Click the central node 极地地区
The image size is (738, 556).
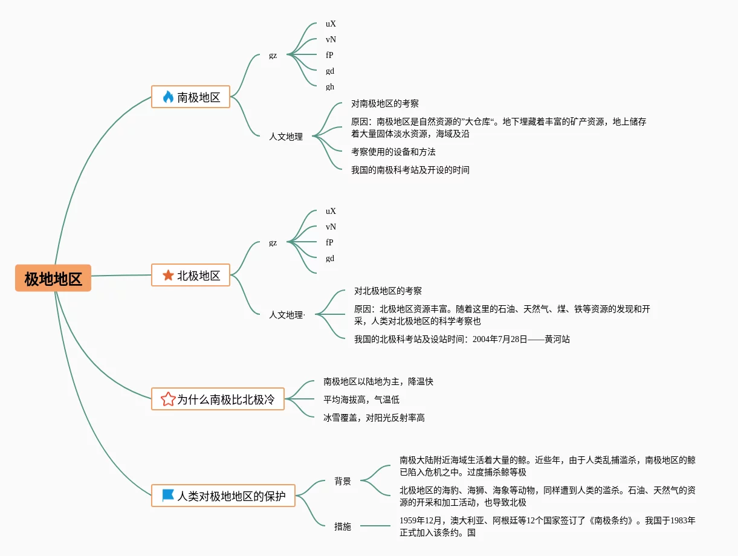(x=53, y=278)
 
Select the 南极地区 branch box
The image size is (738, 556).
(x=190, y=97)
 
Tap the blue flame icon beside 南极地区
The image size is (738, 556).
(x=168, y=97)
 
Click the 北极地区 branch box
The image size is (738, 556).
(x=190, y=275)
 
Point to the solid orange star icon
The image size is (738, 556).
(x=168, y=275)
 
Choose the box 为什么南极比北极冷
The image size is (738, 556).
(x=218, y=399)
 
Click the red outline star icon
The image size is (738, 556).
(x=168, y=399)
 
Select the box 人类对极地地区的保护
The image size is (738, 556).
(x=223, y=496)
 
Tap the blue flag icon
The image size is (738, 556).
(x=168, y=495)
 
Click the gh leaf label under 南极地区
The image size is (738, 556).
(x=330, y=87)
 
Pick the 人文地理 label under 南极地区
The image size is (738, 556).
(x=286, y=137)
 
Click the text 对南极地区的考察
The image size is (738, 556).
(x=385, y=103)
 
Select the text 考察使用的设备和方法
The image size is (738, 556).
(x=393, y=152)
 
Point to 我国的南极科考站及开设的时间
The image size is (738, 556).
(x=410, y=170)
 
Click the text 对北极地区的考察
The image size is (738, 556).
(x=388, y=291)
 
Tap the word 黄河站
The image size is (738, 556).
(x=557, y=339)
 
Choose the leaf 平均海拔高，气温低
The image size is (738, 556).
(x=361, y=399)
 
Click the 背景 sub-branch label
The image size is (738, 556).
(x=343, y=481)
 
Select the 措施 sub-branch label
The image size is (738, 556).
(x=343, y=526)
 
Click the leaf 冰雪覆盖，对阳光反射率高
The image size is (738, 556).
(x=374, y=418)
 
